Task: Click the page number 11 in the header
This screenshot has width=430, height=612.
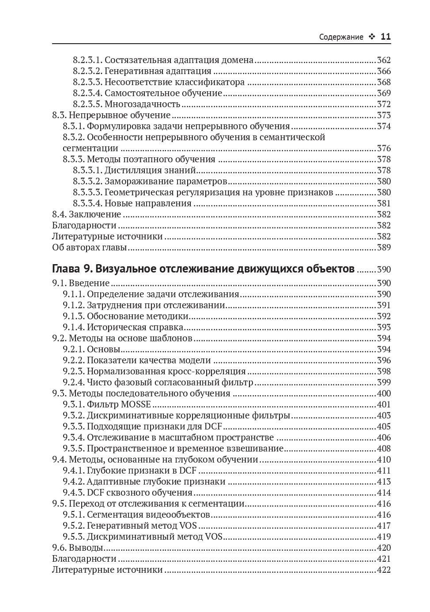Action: click(385, 37)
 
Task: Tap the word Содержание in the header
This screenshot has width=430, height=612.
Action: click(341, 37)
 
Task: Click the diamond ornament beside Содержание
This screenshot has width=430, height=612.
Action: click(371, 37)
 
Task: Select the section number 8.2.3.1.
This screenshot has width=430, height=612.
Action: click(87, 60)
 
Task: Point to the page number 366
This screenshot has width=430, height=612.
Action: click(384, 71)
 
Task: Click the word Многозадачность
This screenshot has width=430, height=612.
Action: click(142, 104)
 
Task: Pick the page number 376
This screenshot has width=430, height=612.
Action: click(384, 149)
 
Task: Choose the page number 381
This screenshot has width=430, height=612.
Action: click(384, 204)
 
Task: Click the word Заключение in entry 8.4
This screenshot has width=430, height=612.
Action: click(95, 215)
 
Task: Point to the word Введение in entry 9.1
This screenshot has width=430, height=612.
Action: click(89, 283)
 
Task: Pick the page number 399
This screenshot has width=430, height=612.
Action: click(384, 383)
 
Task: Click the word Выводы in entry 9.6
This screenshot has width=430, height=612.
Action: click(86, 548)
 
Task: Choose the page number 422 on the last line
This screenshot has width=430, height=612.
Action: click(384, 570)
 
